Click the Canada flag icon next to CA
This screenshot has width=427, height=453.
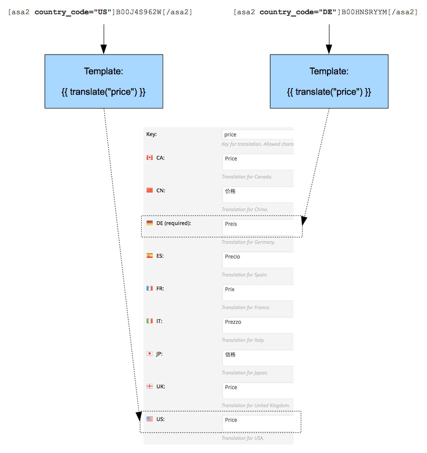(149, 158)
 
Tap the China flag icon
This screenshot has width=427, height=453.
(149, 190)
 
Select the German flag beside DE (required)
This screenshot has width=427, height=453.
(149, 223)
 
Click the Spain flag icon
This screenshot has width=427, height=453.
(149, 256)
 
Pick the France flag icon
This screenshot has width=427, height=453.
(149, 288)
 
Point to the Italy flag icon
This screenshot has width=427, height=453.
(149, 321)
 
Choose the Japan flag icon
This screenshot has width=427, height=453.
(149, 353)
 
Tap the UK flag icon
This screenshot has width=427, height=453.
(149, 386)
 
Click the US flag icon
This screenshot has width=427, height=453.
(149, 419)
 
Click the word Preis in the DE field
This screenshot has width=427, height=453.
(231, 224)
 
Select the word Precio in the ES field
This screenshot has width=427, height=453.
(232, 257)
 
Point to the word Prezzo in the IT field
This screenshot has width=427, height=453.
(233, 322)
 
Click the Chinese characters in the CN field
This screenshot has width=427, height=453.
(230, 191)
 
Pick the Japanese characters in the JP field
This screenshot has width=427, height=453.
(230, 355)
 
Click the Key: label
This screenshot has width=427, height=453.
(151, 134)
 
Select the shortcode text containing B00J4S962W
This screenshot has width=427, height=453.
(100, 12)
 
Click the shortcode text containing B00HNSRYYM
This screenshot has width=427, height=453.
(325, 12)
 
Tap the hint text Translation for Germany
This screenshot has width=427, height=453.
(248, 242)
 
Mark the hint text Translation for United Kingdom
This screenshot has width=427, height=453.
(256, 405)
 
